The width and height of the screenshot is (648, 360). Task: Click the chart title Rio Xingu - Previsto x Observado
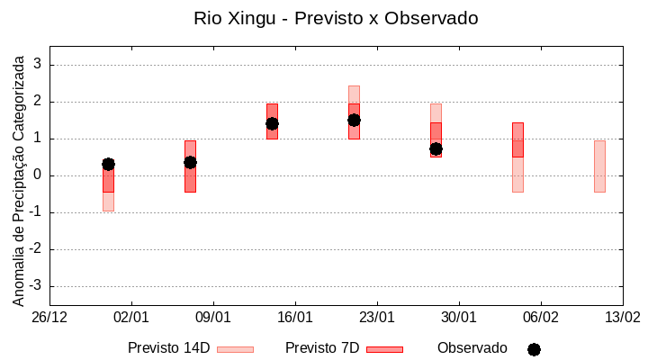(x=336, y=18)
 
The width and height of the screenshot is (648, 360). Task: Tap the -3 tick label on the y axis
(x=36, y=286)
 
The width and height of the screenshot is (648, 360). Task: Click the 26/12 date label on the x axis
(x=49, y=317)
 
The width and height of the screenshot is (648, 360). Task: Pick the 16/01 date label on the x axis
(x=295, y=317)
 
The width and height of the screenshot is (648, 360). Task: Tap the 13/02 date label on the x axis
(x=623, y=317)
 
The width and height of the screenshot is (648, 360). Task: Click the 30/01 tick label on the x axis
(x=459, y=317)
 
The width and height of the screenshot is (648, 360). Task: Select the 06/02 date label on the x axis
(x=541, y=317)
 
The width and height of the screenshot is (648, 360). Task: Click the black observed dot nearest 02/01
(x=108, y=164)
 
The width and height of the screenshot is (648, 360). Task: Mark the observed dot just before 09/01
(x=190, y=162)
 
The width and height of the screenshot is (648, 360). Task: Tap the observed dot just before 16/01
(x=272, y=123)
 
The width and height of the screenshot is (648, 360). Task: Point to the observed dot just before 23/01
(x=354, y=120)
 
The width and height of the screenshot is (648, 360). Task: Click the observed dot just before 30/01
(x=436, y=148)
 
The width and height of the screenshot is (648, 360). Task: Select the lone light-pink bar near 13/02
(x=599, y=166)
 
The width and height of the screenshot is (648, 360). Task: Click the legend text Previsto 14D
(x=168, y=348)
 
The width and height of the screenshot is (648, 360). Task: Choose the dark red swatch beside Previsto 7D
(x=384, y=349)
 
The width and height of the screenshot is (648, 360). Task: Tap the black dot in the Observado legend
(x=534, y=349)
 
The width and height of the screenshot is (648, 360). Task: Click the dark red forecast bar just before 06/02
(x=517, y=139)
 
